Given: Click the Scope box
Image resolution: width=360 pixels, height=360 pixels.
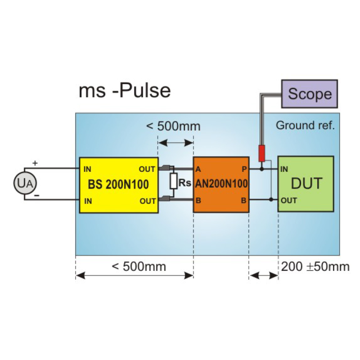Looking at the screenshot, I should (310, 94).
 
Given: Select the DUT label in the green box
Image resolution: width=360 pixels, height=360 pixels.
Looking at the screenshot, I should (306, 184).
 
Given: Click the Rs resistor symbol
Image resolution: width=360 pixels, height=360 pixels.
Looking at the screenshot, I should (173, 182).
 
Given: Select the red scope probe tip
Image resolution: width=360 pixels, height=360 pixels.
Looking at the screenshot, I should (261, 153).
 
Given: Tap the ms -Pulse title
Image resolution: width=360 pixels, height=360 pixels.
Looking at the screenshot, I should (125, 90).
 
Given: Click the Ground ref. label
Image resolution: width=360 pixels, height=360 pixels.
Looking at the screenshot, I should (305, 126).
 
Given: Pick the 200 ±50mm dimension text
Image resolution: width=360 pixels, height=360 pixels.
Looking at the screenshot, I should (315, 267).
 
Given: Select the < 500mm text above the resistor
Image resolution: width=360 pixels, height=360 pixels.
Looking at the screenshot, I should (173, 126).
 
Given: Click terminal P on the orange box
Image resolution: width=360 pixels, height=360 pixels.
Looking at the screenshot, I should (243, 169).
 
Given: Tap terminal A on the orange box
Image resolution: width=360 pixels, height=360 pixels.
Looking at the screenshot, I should (198, 169).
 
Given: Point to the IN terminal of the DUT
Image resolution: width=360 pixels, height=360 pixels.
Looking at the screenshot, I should (284, 170).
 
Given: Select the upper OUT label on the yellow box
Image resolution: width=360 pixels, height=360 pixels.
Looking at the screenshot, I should (147, 169).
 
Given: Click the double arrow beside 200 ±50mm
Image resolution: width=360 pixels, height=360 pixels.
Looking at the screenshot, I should (263, 275).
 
